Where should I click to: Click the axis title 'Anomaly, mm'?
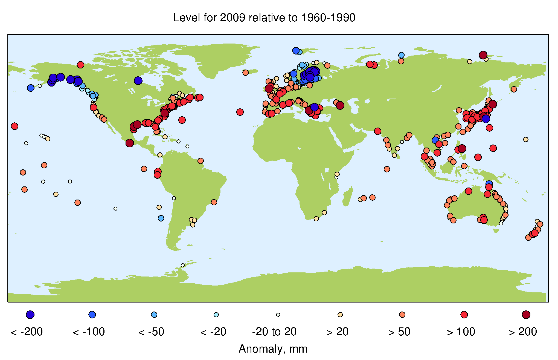(273, 349)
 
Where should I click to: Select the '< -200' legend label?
(27, 332)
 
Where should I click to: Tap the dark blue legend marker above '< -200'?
(30, 315)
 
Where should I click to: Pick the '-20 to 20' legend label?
(274, 332)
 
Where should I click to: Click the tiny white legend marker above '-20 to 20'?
(278, 315)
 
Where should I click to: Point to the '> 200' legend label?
(523, 332)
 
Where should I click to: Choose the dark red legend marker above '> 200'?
(526, 315)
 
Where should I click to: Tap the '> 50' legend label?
(399, 332)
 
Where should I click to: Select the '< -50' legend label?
(151, 332)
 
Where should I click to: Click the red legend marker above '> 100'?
(464, 315)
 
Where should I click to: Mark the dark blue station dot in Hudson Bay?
(138, 80)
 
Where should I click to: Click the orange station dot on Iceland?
(245, 73)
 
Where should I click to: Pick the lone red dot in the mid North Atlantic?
(240, 112)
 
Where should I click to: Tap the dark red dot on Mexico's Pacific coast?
(130, 143)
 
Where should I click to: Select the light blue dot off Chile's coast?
(161, 218)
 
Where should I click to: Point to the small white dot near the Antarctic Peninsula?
(183, 265)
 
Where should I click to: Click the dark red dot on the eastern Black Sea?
(340, 105)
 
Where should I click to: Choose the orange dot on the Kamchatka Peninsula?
(514, 89)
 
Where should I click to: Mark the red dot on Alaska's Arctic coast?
(80, 65)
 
